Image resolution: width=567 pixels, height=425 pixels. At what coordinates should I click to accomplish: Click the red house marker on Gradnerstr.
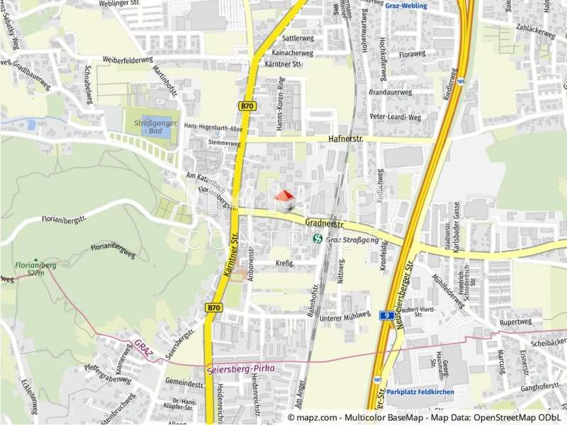pos(284,200)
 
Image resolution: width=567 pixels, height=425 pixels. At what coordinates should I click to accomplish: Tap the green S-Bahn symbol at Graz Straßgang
pos(318,239)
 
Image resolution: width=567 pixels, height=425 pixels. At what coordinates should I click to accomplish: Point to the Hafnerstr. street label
pos(345,139)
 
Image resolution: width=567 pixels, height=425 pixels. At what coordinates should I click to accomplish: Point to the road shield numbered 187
pos(378,380)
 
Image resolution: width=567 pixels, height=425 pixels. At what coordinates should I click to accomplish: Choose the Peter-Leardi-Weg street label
pos(395,116)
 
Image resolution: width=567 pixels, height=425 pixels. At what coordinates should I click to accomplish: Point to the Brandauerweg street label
pos(391,92)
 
